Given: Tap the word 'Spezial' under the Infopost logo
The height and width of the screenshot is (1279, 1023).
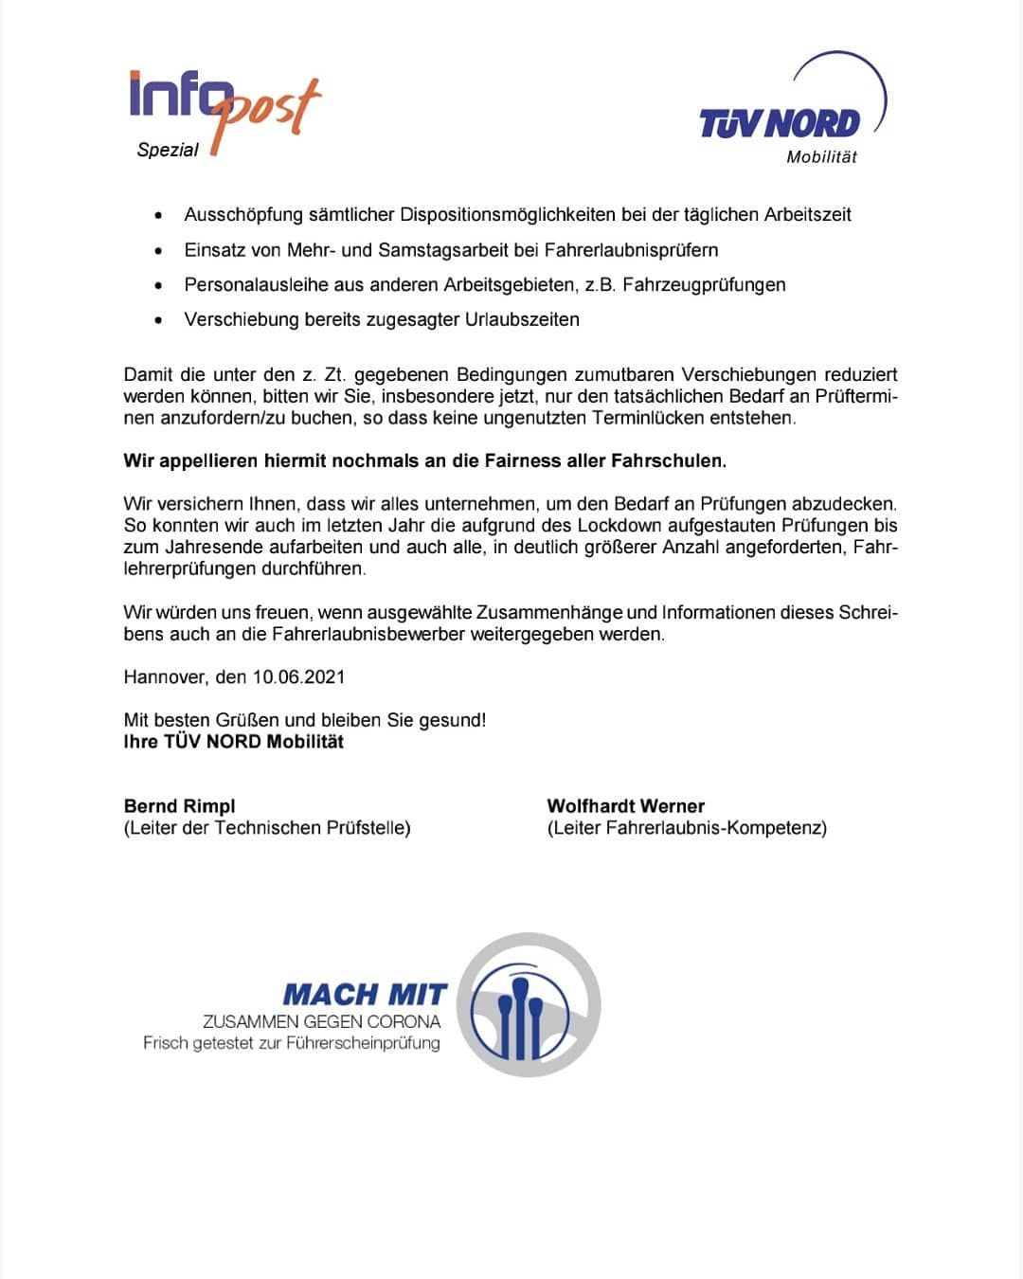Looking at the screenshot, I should coord(168,150).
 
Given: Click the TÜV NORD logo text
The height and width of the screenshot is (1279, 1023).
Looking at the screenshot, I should coord(780,123).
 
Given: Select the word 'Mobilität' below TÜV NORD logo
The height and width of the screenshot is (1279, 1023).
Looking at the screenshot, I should coord(821,157).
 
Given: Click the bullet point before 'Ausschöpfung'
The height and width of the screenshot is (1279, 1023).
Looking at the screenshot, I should coord(158,216).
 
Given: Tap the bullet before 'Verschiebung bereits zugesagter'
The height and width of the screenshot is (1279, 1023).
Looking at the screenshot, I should coord(158,321).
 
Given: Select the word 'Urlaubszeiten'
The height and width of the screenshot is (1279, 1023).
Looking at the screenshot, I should coord(522,319).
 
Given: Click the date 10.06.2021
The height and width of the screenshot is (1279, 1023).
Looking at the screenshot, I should coord(298,677).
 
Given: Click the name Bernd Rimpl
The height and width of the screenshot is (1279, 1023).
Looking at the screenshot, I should coord(180,806).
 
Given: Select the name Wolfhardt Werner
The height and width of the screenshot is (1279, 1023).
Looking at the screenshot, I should coord(626,806).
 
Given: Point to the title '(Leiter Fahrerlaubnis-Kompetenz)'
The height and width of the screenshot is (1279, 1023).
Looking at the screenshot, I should coord(687,828).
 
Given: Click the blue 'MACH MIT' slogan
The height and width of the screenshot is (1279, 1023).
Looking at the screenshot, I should coord(365,995).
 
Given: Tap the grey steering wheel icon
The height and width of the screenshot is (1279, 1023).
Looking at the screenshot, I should coord(529,1004).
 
